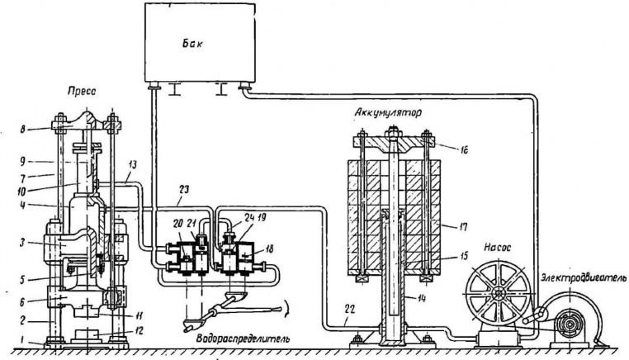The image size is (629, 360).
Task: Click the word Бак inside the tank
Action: coord(192,43)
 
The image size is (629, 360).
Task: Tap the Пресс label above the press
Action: coord(82,92)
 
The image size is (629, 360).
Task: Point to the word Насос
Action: coord(497,248)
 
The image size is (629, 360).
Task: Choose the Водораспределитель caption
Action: coord(243,339)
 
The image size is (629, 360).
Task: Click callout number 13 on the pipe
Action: coord(132,164)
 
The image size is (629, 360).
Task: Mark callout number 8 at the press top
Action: coord(23,129)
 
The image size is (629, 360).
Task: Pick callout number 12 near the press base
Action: coord(140,331)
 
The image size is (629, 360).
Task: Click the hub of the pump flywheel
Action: coord(498,293)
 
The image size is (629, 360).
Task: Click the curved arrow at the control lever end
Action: coord(286,309)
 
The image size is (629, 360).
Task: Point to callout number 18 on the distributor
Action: coord(269,249)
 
